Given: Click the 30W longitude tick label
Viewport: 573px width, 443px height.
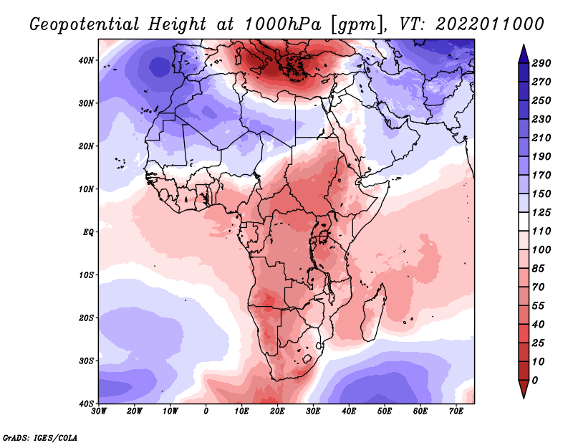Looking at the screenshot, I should (x=99, y=411).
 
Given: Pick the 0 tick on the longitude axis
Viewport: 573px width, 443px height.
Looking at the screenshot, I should (x=206, y=411).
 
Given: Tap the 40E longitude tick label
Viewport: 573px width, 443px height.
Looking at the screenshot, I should (x=349, y=411).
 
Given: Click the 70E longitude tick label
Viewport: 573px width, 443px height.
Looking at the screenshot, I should (x=456, y=411).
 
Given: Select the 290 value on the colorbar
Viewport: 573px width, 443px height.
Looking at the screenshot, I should (x=541, y=63).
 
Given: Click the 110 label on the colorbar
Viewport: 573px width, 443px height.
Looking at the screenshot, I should (x=541, y=232).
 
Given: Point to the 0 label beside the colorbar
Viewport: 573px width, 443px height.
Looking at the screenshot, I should (x=535, y=379).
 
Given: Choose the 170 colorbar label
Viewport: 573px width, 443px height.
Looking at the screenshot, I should (x=541, y=175).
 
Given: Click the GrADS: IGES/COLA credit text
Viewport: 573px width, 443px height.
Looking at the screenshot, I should (x=39, y=437).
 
